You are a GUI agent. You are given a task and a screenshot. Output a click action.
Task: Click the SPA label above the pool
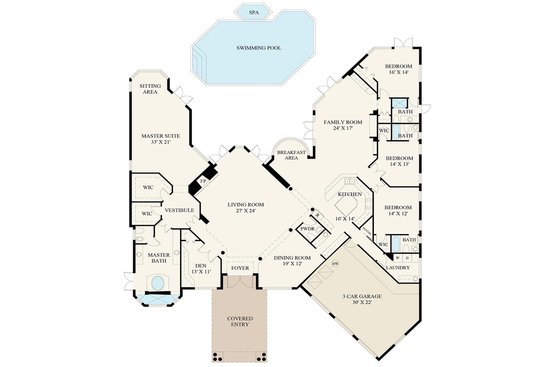(253, 12)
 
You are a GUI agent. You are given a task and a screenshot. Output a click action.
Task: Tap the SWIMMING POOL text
(259, 48)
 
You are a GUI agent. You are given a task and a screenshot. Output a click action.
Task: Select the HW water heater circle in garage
(335, 264)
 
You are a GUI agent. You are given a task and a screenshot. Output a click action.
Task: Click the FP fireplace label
(203, 181)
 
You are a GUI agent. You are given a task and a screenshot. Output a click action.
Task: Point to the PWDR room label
(308, 229)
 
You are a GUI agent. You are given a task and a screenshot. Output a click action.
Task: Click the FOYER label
(240, 268)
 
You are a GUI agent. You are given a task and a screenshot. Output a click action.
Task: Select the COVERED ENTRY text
(240, 322)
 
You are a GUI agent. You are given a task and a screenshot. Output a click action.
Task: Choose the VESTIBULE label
(179, 210)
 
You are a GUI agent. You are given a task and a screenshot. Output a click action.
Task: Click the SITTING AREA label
(150, 89)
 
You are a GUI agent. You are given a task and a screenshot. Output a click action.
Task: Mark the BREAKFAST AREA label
(291, 155)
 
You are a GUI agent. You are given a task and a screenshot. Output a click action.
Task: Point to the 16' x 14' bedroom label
(398, 69)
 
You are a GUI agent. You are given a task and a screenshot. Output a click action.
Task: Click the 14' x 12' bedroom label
(398, 211)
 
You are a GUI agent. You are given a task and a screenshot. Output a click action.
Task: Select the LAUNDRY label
(398, 268)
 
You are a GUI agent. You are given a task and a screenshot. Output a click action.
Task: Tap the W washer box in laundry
(397, 257)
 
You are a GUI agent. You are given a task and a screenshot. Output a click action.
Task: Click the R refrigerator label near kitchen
(317, 216)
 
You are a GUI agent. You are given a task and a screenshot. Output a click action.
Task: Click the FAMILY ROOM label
(343, 125)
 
